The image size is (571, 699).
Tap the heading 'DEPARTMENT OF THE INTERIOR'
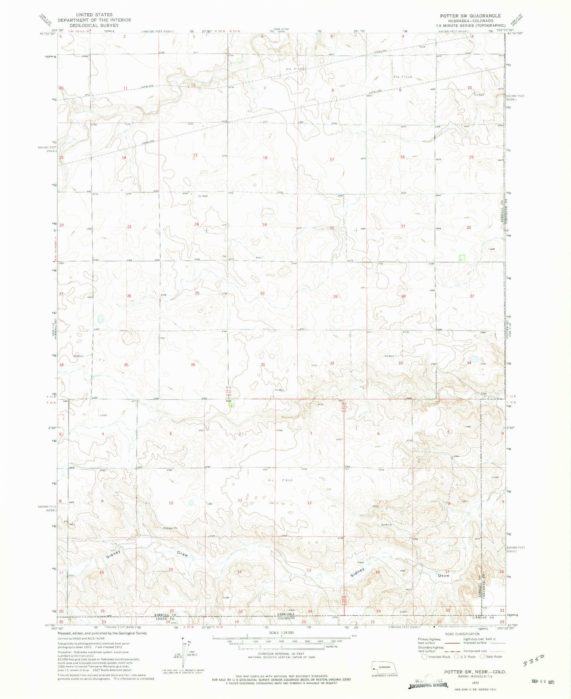point(94,20)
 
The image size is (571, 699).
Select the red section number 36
point(193,365)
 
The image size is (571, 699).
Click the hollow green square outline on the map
point(462,258)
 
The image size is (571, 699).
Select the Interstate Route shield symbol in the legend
point(424,656)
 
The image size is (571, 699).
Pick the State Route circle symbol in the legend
point(483,656)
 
